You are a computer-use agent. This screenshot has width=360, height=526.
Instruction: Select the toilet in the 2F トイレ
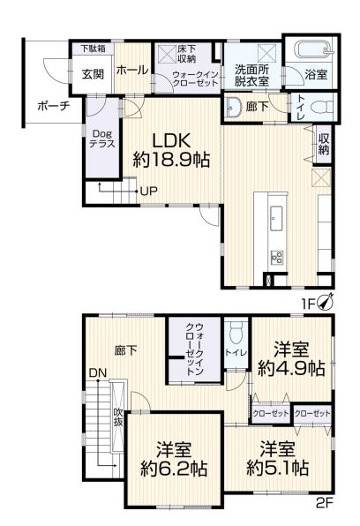(236, 333)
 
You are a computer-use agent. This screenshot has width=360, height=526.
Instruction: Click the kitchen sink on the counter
(276, 218)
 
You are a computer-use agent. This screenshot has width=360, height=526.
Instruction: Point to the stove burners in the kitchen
(277, 258)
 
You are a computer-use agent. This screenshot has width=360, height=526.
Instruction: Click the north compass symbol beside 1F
(326, 302)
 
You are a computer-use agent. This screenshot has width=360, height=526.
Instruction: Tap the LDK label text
(172, 140)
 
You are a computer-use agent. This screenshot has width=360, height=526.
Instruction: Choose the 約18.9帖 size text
(171, 160)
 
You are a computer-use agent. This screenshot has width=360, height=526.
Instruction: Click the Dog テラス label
(102, 139)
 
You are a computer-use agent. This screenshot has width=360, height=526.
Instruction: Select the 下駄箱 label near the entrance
(93, 49)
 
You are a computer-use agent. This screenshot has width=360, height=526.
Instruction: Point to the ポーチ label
(54, 106)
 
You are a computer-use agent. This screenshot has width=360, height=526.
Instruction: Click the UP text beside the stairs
(148, 192)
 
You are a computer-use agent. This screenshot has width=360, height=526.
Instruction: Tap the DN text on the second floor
(98, 373)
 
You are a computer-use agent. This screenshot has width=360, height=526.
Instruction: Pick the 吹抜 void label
(117, 417)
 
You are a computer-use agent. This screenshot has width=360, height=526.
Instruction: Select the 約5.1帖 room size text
(277, 467)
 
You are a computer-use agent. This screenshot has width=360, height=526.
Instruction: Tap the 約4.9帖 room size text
(291, 368)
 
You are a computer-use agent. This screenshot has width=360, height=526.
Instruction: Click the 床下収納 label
(186, 54)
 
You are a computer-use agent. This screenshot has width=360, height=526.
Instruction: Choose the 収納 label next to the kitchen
(324, 144)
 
